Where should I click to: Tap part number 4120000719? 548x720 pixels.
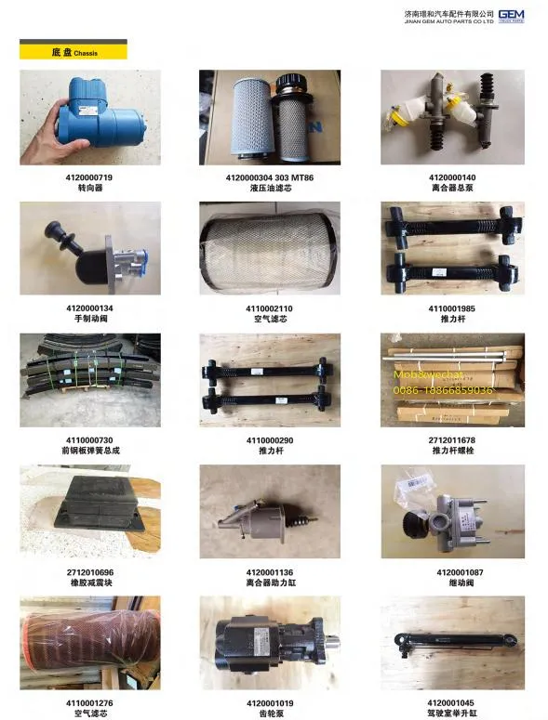[x=89, y=177]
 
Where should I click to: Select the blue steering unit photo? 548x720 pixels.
[x=89, y=117]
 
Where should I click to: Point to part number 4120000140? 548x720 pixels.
[x=452, y=177]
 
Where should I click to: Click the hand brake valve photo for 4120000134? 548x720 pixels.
[x=89, y=249]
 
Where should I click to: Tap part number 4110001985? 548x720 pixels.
[x=452, y=308]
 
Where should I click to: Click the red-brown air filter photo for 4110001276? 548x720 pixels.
[x=89, y=643]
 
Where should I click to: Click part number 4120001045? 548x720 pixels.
[x=452, y=703]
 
